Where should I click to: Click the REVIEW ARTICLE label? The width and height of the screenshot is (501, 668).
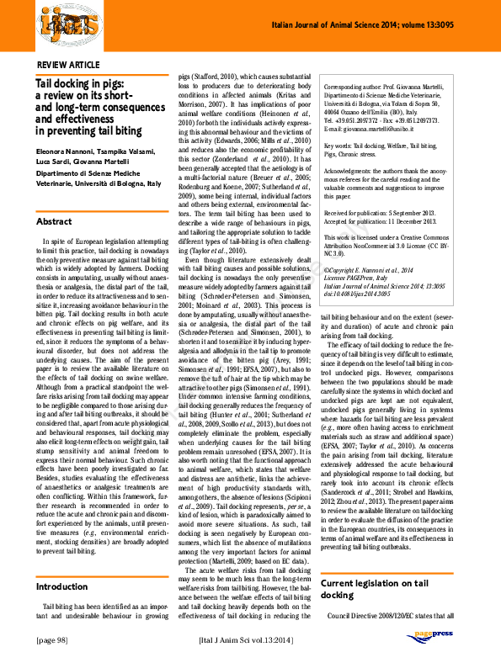click(x=70, y=65)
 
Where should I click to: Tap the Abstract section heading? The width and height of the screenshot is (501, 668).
click(x=54, y=221)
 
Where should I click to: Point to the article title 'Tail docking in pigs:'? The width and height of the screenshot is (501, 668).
click(x=79, y=84)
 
